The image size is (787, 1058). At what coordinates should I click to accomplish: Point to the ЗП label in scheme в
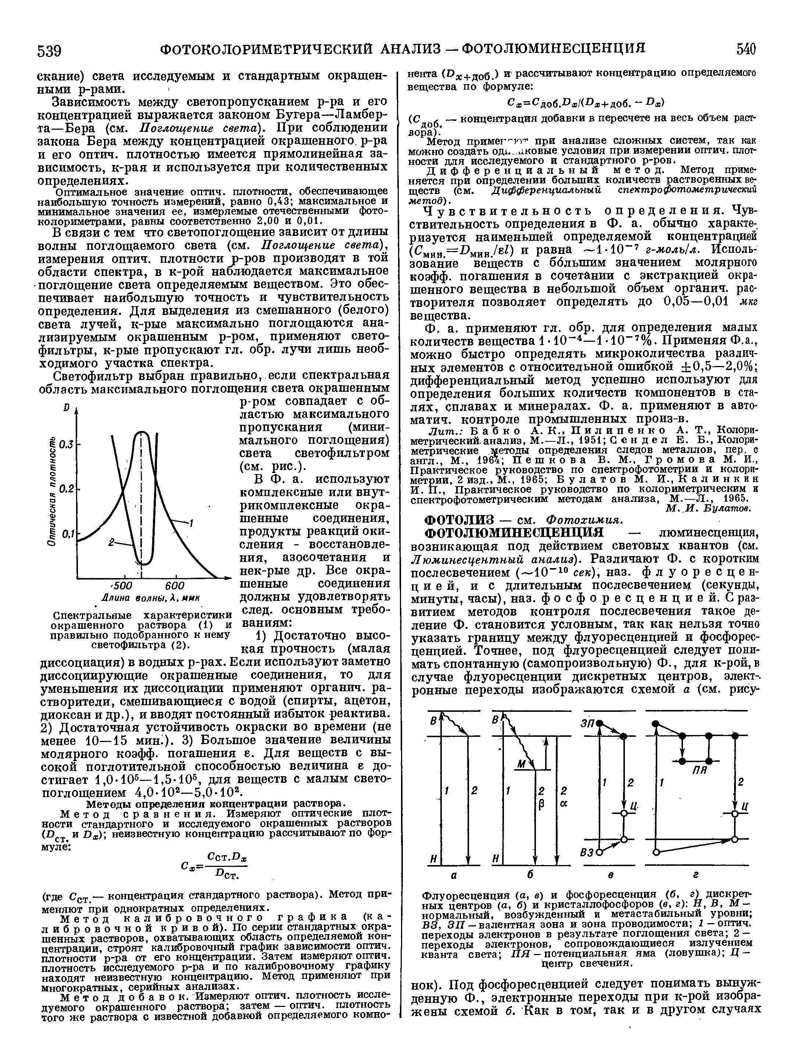pos(586,723)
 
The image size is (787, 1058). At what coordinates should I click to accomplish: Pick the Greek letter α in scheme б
pos(564,803)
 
